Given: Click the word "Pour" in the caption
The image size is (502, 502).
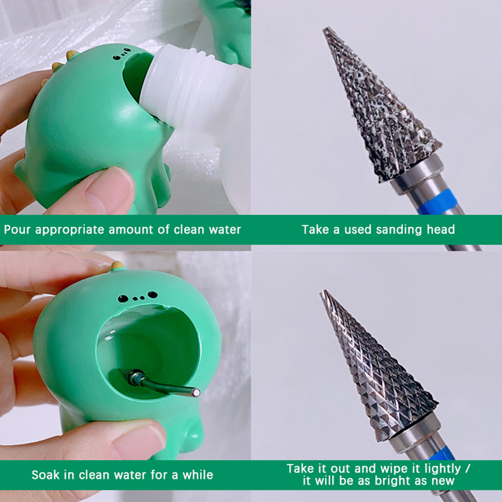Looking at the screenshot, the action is tap(17, 230).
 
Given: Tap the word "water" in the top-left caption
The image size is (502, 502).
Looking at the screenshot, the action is tap(225, 230).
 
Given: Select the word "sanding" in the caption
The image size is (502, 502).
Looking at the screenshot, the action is tap(399, 230).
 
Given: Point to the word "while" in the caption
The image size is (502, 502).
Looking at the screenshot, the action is tap(198, 475).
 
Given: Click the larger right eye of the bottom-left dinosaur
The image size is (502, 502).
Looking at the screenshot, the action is tap(152, 295).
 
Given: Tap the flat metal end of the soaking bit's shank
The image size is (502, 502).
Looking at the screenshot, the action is tap(196, 393).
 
